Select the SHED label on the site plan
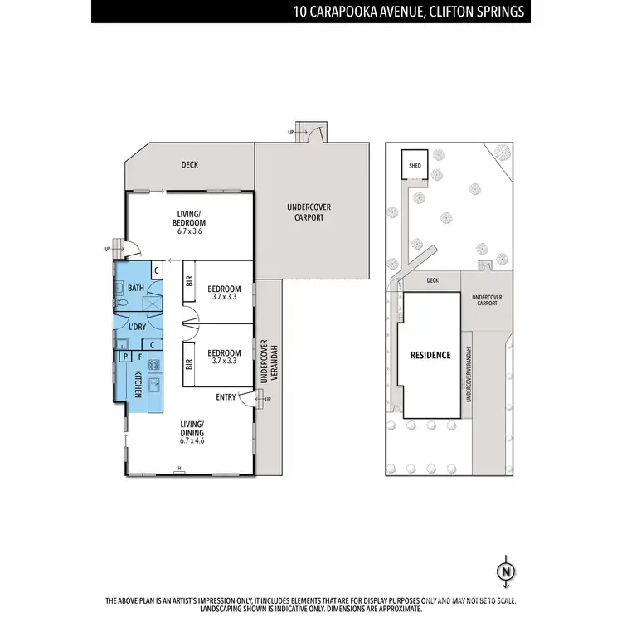click(x=415, y=166)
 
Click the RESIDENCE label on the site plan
click(x=430, y=355)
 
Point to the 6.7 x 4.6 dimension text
click(x=191, y=440)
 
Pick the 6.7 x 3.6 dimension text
click(x=190, y=231)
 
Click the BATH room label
click(x=136, y=288)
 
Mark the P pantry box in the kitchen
click(x=125, y=357)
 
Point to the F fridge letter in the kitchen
click(x=139, y=357)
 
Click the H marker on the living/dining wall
click(x=178, y=471)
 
